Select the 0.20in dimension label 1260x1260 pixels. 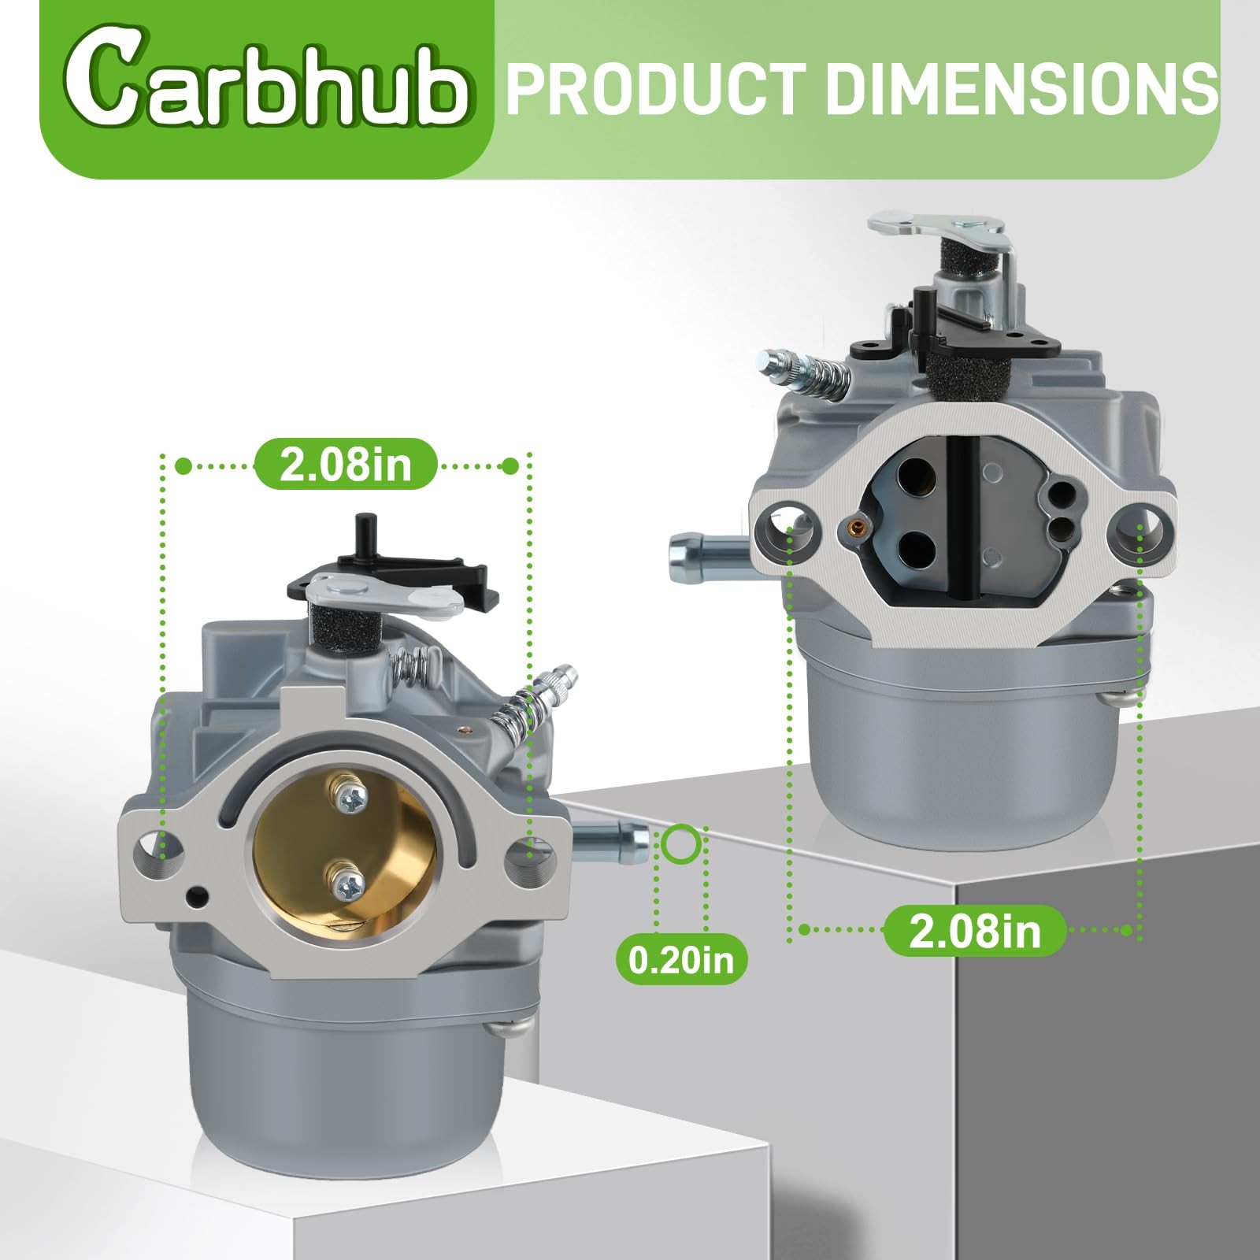[680, 958]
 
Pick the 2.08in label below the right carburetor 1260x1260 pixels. [975, 930]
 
